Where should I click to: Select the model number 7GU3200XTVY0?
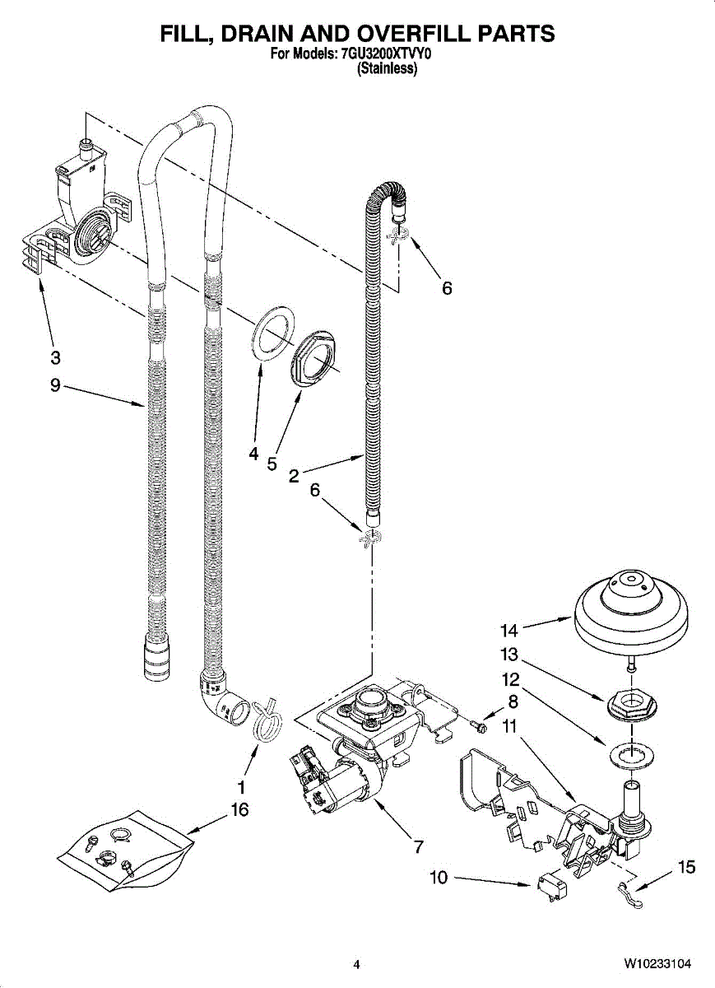click(x=386, y=54)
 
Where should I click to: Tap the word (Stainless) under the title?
click(x=387, y=68)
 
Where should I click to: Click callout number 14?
click(x=509, y=631)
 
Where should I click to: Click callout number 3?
click(x=55, y=357)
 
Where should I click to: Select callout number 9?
click(x=55, y=385)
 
